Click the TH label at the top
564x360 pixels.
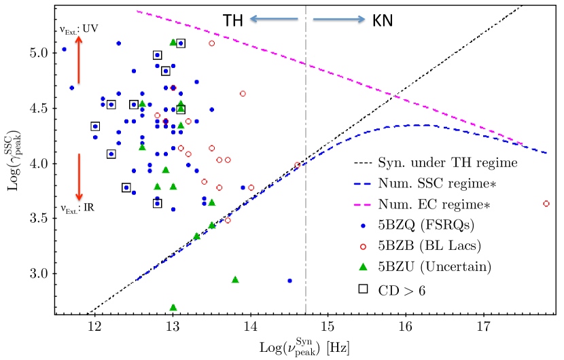pyautogui.click(x=234, y=21)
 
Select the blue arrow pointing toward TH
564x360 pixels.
pyautogui.click(x=273, y=20)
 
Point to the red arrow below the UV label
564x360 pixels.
pyautogui.click(x=78, y=60)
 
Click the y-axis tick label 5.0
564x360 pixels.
pyautogui.click(x=41, y=53)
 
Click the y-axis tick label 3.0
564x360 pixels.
pyautogui.click(x=41, y=274)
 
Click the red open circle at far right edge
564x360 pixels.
pyautogui.click(x=546, y=203)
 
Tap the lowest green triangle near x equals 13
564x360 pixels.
pyautogui.click(x=173, y=308)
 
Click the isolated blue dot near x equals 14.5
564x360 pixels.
pyautogui.click(x=289, y=281)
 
